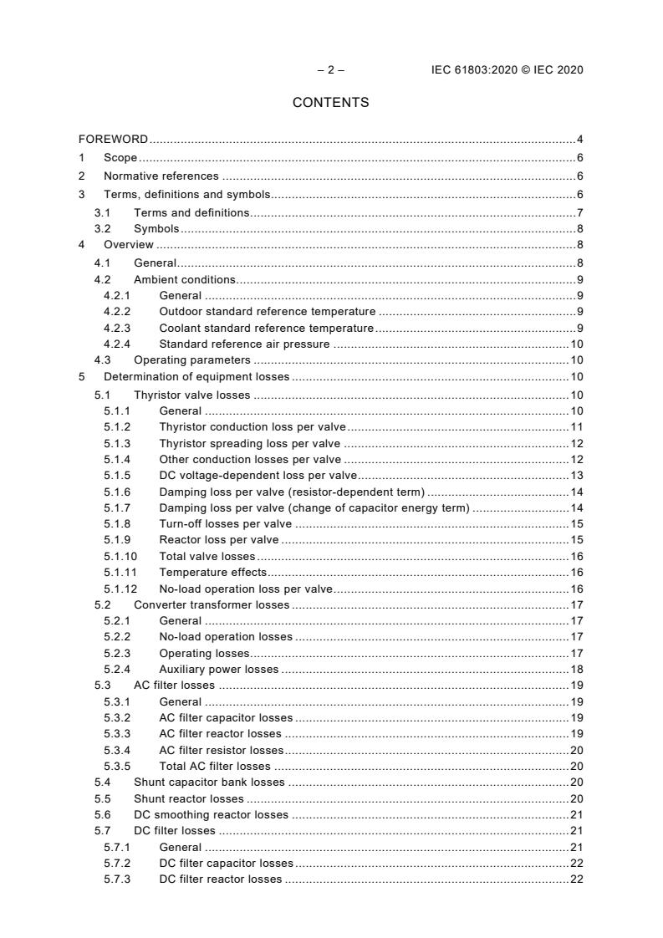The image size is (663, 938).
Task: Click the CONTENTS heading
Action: (x=330, y=103)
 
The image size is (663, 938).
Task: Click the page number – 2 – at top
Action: (x=330, y=69)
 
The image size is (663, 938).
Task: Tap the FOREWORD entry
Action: (x=113, y=139)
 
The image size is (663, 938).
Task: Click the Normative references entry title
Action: (x=161, y=176)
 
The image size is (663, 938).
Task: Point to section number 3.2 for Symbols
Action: (x=102, y=229)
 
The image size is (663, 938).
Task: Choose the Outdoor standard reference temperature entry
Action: (x=267, y=311)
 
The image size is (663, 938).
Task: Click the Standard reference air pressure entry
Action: (x=244, y=344)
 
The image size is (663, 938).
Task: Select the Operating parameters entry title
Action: (x=191, y=360)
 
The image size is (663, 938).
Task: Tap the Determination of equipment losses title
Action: (x=196, y=377)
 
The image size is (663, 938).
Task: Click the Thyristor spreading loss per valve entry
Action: (x=249, y=443)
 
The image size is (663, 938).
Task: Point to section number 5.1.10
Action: (x=120, y=556)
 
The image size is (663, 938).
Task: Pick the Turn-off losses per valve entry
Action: (x=226, y=523)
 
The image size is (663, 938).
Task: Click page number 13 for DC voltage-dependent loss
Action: (x=576, y=475)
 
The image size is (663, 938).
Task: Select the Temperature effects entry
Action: (x=212, y=572)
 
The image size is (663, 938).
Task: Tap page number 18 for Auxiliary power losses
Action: (x=576, y=669)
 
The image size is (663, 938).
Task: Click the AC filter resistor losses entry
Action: (x=221, y=750)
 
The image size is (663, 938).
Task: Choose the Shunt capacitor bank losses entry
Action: (x=209, y=783)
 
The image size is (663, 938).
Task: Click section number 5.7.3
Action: (x=117, y=879)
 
